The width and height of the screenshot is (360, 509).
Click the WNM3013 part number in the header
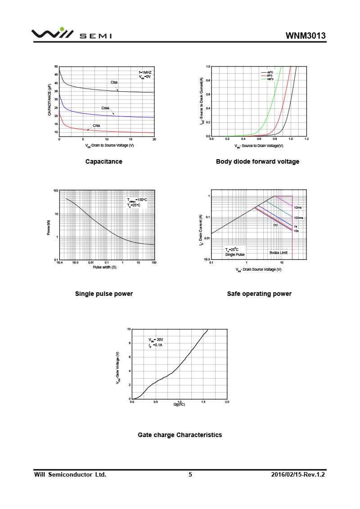[306, 36]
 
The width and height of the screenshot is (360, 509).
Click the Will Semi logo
[71, 34]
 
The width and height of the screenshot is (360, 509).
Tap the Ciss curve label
[114, 82]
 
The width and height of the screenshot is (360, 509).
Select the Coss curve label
[105, 108]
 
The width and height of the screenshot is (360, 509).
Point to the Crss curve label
[96, 125]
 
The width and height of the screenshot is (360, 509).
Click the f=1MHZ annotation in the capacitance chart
[145, 72]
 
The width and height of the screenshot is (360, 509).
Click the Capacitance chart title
[103, 162]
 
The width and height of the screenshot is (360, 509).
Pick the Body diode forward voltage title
[257, 162]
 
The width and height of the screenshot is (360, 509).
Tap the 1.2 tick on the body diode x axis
[306, 139]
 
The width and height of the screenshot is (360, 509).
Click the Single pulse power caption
[104, 294]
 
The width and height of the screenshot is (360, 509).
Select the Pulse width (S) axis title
[104, 268]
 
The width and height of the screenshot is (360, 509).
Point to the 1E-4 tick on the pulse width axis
[59, 263]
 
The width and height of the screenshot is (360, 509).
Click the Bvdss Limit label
[279, 253]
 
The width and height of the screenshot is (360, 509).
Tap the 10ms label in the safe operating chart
[298, 208]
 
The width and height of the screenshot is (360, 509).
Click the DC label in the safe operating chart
[276, 225]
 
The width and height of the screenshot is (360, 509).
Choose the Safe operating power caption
[259, 294]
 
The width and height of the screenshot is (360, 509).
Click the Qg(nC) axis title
[179, 404]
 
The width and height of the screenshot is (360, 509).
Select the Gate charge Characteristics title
[180, 435]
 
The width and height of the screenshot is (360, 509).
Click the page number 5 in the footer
[190, 474]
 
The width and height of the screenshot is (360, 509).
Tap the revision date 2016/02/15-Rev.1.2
[298, 474]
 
